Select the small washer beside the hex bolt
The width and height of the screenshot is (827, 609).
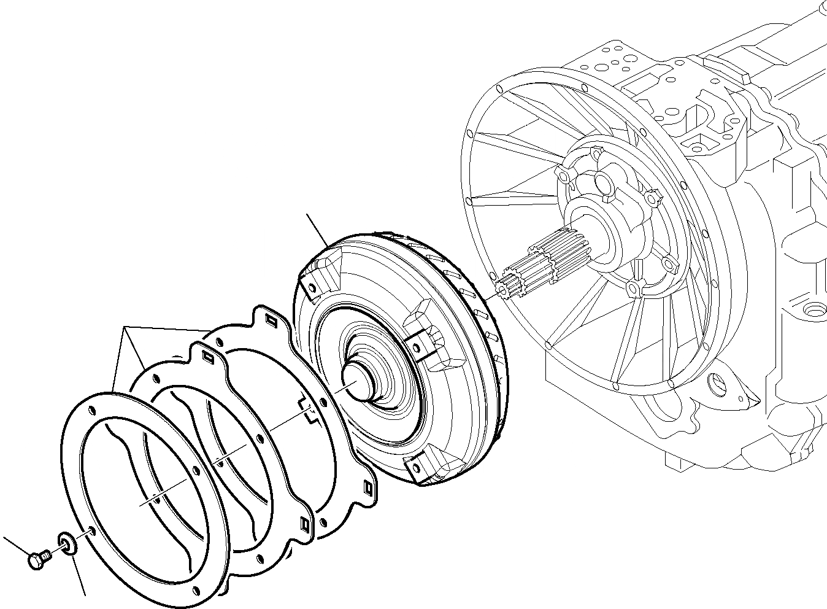point(66,543)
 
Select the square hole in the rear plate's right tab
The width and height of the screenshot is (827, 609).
point(369,488)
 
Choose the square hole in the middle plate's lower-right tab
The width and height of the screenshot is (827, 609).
point(304,523)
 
